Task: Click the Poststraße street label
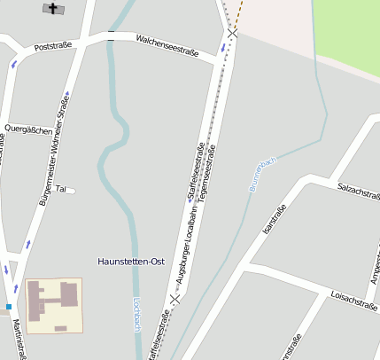[52, 44]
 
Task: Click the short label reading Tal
[60, 189]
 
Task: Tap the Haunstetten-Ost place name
[130, 262]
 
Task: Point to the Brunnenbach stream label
[263, 174]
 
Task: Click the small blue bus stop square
[9, 307]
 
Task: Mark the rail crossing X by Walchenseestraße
[232, 33]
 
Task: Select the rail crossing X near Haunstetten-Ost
[175, 298]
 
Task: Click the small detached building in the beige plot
[60, 329]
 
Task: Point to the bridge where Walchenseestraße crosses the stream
[111, 36]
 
